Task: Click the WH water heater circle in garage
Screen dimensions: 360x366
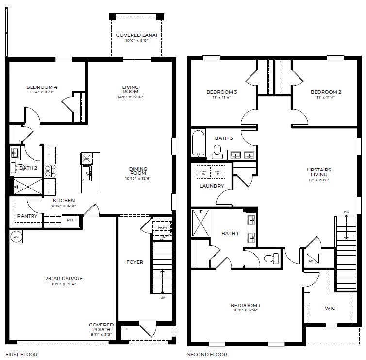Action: click(16, 237)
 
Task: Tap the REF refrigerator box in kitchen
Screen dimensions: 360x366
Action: click(70, 220)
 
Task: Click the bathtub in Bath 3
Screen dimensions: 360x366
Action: click(198, 143)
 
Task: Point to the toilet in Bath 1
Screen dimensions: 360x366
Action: click(272, 258)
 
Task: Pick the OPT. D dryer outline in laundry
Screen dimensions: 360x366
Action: click(218, 172)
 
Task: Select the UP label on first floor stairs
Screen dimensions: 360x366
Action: click(163, 298)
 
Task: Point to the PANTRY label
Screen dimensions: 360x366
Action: click(27, 216)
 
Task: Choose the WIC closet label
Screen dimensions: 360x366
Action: click(330, 308)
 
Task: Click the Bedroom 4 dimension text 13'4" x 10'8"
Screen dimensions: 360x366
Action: click(42, 93)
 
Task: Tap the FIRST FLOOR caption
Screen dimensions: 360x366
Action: click(21, 355)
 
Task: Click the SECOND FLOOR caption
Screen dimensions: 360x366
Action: click(207, 355)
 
